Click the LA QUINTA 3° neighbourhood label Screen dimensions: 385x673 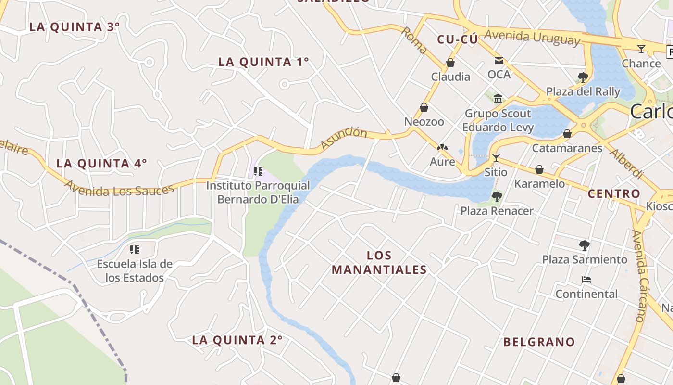74,27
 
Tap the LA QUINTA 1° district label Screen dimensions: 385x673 263,62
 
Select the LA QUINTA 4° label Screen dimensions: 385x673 101,164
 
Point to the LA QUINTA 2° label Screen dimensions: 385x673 237,340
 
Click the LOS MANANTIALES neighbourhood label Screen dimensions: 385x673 379,263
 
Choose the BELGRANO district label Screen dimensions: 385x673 539,342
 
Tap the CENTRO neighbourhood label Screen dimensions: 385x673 614,194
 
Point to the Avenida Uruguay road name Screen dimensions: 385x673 532,37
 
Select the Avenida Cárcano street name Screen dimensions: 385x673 641,276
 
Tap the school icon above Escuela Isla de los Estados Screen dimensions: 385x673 135,249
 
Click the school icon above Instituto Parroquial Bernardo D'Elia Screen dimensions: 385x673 258,171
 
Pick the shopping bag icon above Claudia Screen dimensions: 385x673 450,63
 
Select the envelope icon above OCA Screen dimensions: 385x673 499,61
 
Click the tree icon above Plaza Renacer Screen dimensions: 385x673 497,196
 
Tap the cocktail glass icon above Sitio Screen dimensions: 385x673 496,157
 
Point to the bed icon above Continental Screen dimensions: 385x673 586,280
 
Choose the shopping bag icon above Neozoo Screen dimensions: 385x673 424,107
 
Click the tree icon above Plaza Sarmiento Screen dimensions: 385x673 584,245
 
